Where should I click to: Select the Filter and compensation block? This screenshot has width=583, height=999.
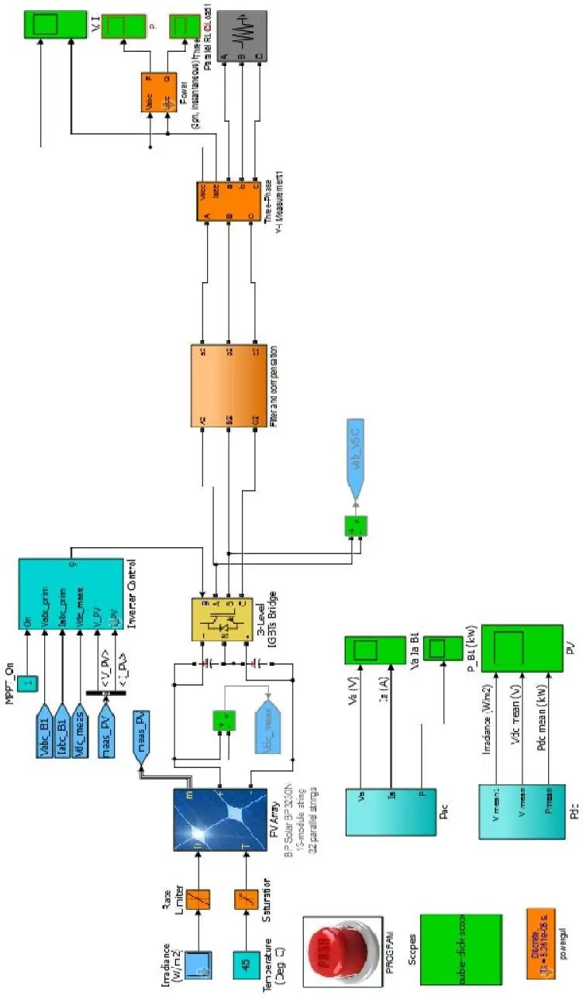coord(229,384)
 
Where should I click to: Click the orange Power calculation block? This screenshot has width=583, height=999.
coord(159,92)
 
